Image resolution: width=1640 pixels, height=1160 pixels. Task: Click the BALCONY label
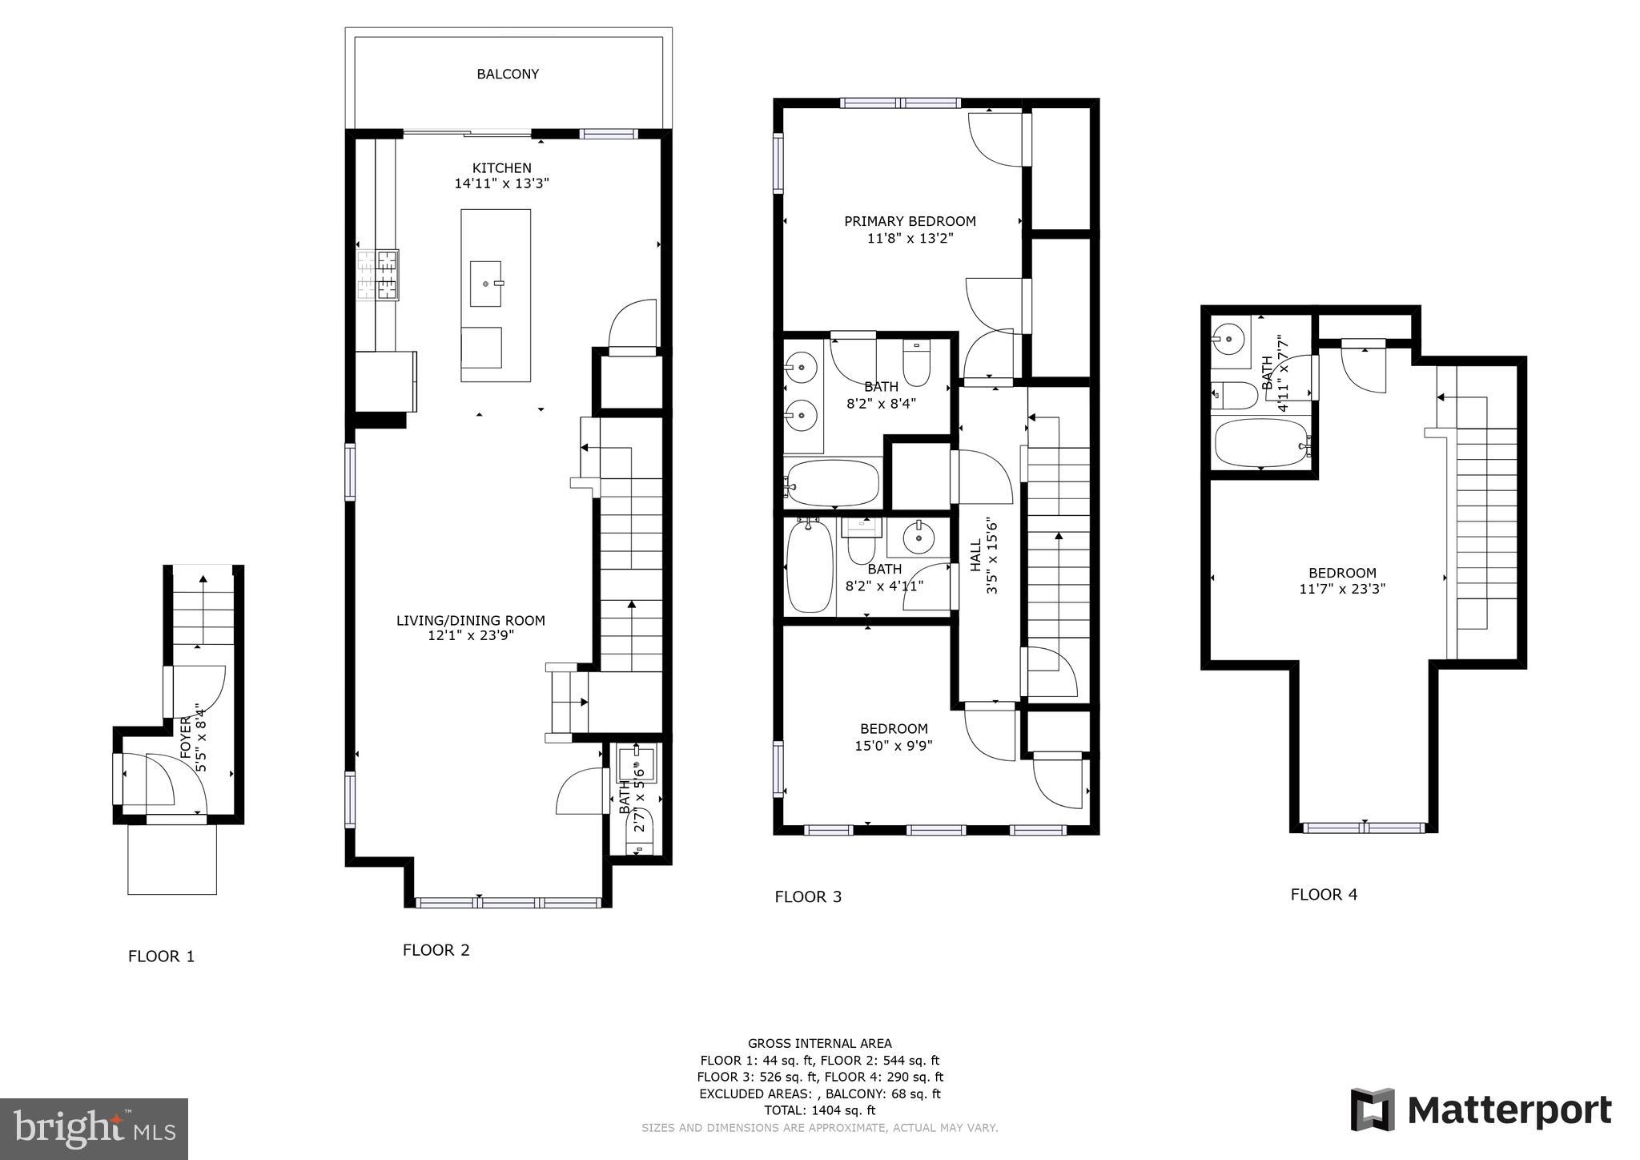(508, 74)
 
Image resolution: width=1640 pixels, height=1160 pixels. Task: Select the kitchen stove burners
(377, 275)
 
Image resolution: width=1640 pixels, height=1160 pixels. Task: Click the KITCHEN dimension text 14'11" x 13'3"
(501, 183)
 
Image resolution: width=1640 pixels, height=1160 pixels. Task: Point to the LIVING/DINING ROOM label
(471, 620)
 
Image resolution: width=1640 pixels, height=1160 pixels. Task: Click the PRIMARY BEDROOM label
(910, 221)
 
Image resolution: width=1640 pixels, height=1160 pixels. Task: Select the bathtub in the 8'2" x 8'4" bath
(832, 482)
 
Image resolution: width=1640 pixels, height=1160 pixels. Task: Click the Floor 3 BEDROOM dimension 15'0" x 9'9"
(894, 745)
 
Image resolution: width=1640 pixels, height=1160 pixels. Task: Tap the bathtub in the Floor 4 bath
(1260, 443)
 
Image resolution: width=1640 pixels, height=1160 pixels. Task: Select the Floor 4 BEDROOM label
(1342, 573)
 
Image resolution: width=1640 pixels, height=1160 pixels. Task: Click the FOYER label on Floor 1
(187, 739)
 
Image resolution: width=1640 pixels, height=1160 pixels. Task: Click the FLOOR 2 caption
(436, 950)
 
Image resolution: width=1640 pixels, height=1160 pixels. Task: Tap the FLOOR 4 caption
(1324, 894)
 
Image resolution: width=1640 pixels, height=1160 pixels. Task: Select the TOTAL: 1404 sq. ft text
(819, 1110)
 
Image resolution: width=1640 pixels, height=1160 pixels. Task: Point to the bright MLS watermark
(94, 1129)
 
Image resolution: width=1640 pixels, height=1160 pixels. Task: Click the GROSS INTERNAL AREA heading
(819, 1043)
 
